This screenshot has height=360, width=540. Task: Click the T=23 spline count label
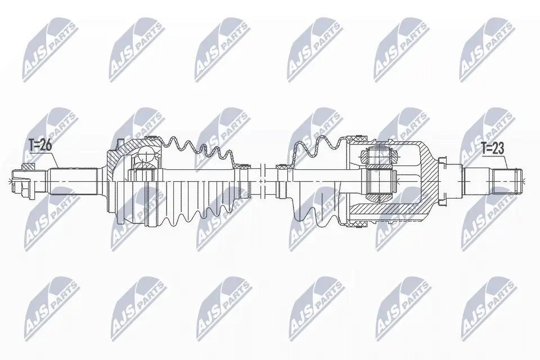coord(493,148)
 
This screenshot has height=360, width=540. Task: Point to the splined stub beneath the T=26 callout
coord(62,179)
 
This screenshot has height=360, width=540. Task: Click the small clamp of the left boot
coord(243,165)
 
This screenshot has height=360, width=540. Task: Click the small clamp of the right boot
coord(282,166)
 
